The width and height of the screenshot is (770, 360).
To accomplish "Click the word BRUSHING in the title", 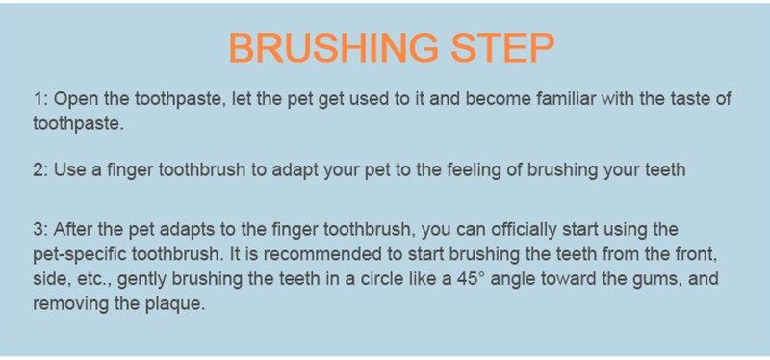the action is tap(333, 47).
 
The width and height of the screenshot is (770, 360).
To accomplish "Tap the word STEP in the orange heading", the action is tap(502, 47).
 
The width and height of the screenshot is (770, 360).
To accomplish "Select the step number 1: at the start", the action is tap(40, 100).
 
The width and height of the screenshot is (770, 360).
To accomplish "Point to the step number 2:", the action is tap(40, 170).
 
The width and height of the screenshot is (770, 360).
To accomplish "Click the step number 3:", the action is tap(40, 230).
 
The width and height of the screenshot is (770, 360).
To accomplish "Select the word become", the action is tap(498, 100).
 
